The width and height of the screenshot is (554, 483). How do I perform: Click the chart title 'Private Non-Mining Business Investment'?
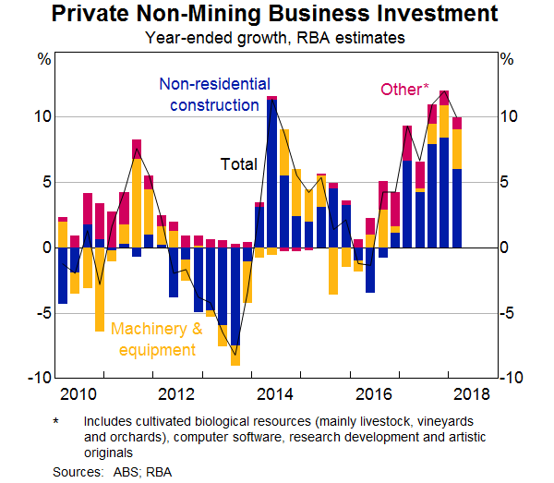pos(277,15)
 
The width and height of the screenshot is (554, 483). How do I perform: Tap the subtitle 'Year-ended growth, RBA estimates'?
pos(277,38)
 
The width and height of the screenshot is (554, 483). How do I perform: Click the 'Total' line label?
pos(238,165)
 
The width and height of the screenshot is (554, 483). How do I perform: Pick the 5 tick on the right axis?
pos(504,183)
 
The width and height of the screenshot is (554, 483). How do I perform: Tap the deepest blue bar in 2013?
pos(235,296)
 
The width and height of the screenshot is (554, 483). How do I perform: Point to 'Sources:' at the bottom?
pos(77,471)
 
